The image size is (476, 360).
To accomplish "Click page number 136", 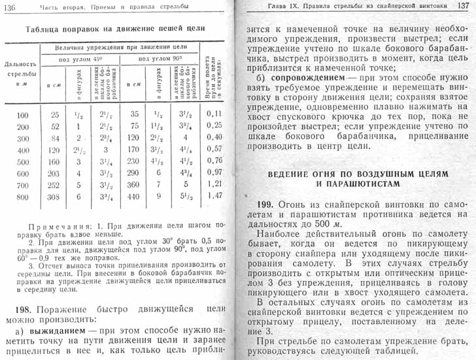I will pos(12,7).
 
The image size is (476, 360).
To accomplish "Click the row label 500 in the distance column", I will pos(22,161).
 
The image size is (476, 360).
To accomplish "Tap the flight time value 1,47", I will pos(215,195).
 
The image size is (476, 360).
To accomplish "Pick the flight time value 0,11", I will pos(215,114).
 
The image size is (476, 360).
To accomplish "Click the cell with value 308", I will pos(54,196).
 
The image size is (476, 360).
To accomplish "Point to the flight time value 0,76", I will pos(215,161).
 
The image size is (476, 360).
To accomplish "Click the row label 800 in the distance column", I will pos(22,196).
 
